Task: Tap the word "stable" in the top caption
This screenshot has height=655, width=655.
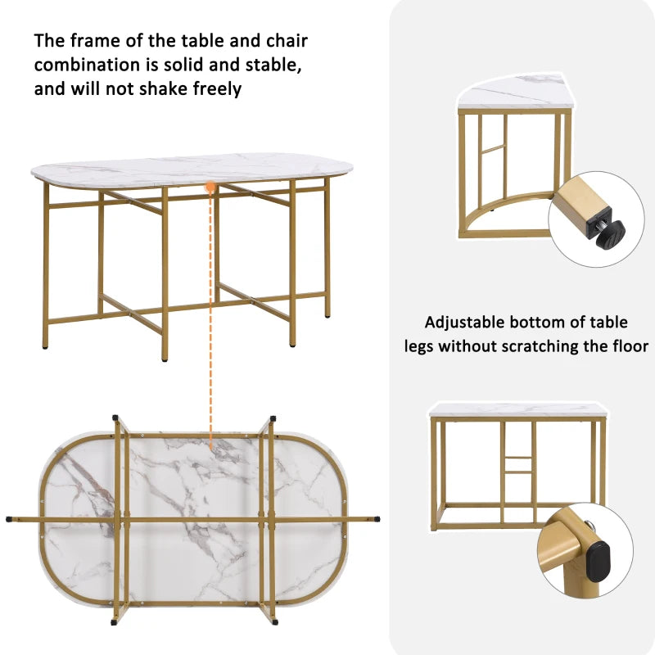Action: [261, 65]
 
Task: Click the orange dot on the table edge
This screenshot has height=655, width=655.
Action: [210, 187]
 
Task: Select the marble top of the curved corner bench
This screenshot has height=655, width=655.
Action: [512, 93]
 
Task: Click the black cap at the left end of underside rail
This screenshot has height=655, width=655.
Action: [9, 518]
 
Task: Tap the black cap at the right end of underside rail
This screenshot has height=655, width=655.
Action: [377, 517]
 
